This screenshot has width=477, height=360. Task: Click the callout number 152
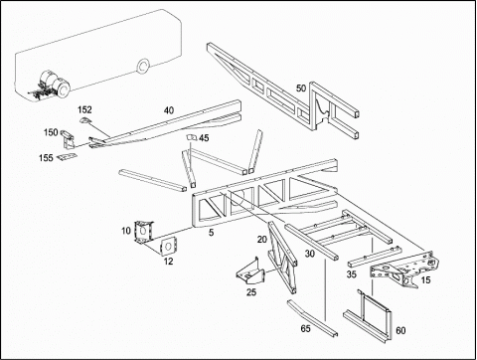tap(84, 109)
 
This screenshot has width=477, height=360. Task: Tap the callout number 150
tap(51, 132)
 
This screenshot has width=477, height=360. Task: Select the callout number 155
tap(46, 158)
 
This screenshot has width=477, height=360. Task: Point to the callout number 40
tap(169, 110)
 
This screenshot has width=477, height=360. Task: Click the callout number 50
tap(301, 89)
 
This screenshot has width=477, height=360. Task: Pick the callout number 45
tap(204, 138)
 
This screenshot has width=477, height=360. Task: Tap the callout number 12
tap(169, 262)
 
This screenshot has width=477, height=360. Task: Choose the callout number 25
tap(251, 292)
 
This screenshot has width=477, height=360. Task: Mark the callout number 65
tap(306, 328)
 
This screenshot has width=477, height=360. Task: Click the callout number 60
tap(400, 330)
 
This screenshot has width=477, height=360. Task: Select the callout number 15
tap(425, 280)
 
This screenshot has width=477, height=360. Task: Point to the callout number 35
tap(352, 274)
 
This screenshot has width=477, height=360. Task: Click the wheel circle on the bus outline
tap(143, 67)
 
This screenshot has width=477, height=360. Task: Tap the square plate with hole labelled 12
tap(168, 247)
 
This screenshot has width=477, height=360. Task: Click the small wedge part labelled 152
tap(84, 119)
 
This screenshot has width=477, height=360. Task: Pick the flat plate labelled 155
tap(67, 157)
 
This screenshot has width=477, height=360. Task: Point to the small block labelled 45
tap(191, 137)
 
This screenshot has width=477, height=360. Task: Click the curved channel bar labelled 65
tap(312, 318)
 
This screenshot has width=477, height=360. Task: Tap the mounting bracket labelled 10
tap(143, 232)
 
